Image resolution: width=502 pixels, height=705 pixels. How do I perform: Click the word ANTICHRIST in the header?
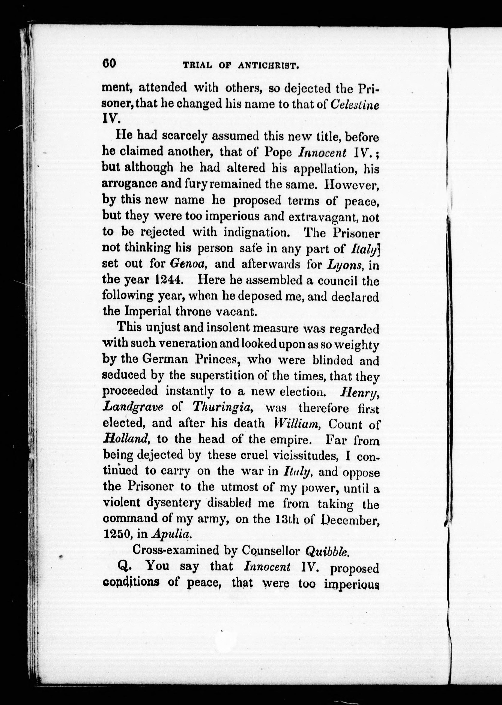point(268,66)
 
